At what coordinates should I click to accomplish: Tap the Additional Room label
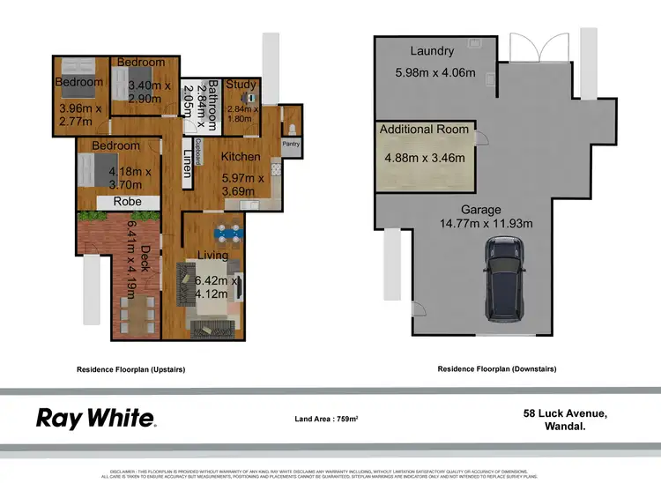[425, 130]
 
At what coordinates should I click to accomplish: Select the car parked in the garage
[506, 282]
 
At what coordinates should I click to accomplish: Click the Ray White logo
[96, 418]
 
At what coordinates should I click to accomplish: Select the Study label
[241, 85]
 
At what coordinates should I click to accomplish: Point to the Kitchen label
[240, 157]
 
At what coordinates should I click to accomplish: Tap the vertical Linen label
[187, 164]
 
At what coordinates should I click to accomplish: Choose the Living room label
[212, 256]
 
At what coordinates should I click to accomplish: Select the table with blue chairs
[229, 234]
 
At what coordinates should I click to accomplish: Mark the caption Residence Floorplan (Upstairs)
[131, 369]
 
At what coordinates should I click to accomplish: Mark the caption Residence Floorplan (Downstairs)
[496, 369]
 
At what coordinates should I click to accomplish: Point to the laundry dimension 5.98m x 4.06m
[434, 72]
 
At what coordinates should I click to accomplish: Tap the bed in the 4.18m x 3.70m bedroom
[88, 169]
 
